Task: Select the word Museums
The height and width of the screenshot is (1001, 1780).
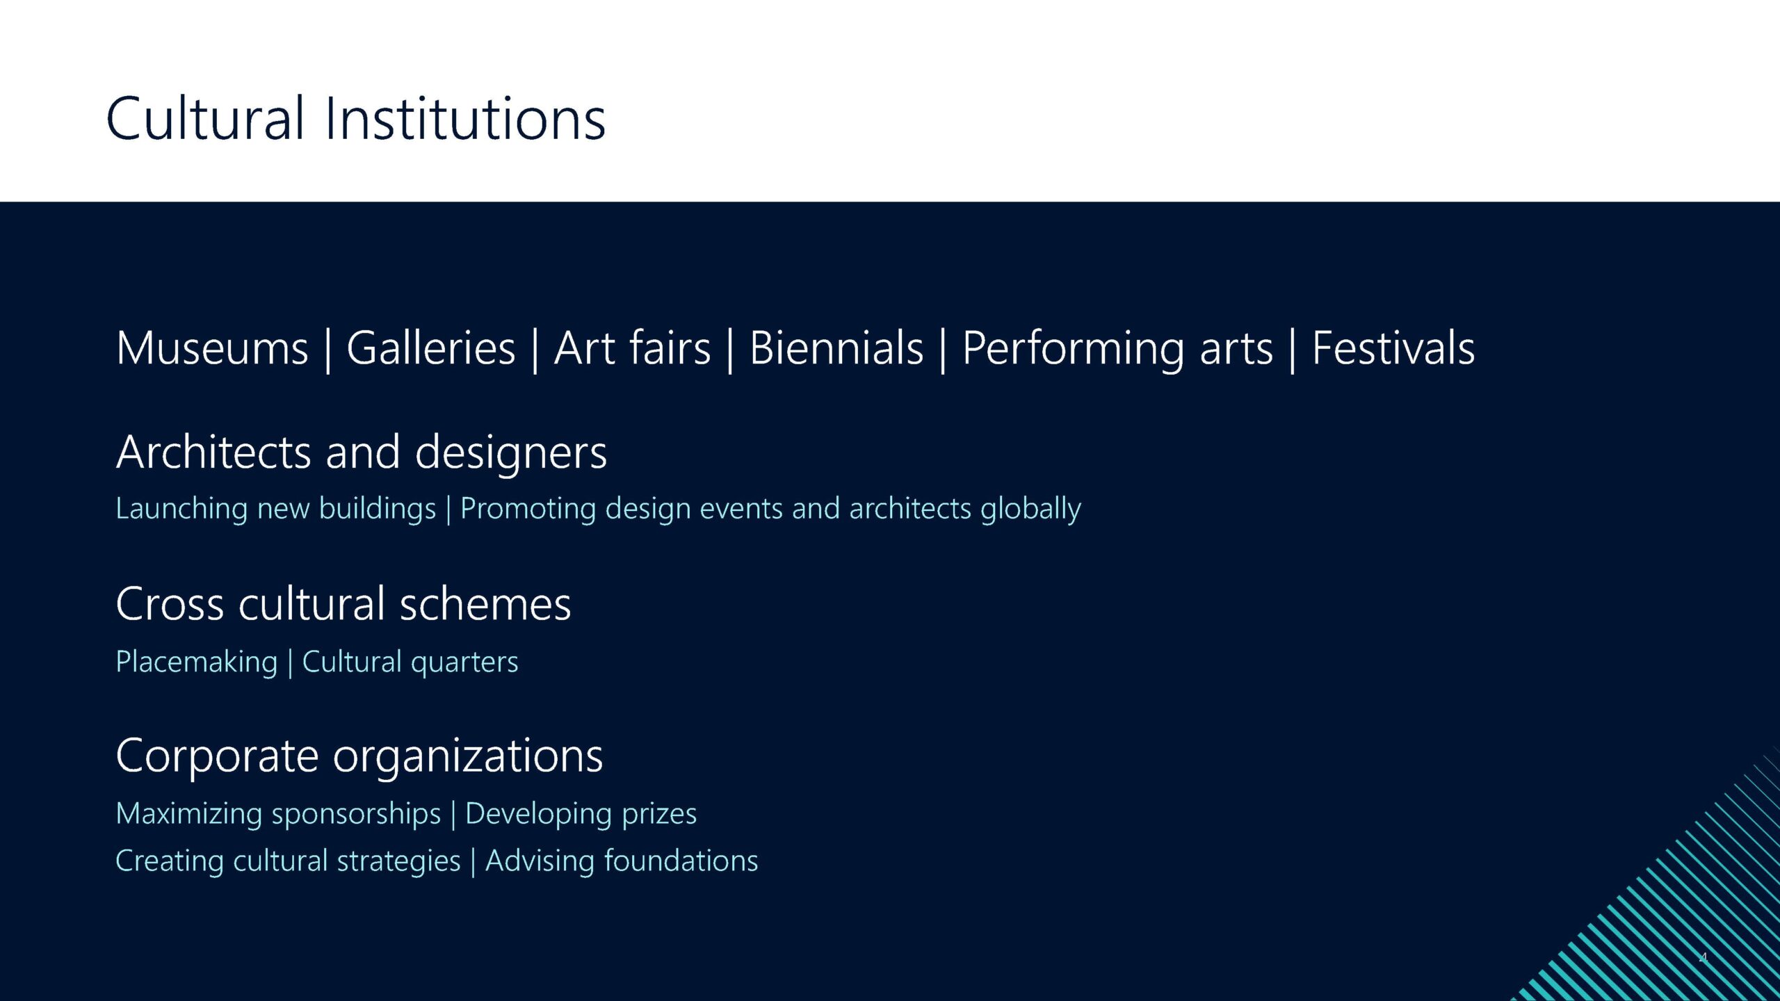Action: pos(212,348)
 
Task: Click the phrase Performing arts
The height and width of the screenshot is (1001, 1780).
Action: pos(1117,350)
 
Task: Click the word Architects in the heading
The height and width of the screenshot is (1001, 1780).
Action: pos(213,452)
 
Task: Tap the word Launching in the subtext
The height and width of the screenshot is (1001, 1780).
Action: pos(181,510)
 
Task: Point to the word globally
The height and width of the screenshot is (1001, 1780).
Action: pos(1030,510)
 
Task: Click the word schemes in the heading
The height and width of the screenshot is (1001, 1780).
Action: pos(485,603)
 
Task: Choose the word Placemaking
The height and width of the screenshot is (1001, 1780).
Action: pos(197,662)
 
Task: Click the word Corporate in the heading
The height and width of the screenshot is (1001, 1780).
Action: pos(217,756)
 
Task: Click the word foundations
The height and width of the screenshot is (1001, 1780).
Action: pos(681,861)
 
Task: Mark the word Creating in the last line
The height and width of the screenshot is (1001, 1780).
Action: pos(170,862)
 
